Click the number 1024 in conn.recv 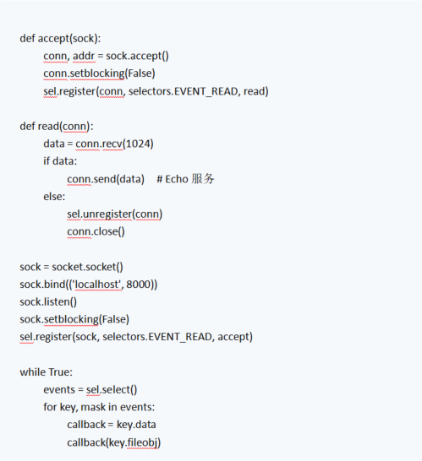pyautogui.click(x=139, y=144)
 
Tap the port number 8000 pyautogui.click(x=139, y=285)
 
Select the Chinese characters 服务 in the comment pyautogui.click(x=203, y=179)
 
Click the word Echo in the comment pyautogui.click(x=177, y=179)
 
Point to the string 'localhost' pyautogui.click(x=97, y=285)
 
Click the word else pyautogui.click(x=53, y=197)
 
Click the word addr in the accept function pyautogui.click(x=84, y=56)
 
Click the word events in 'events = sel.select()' pyautogui.click(x=59, y=389)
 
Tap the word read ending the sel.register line pyautogui.click(x=255, y=91)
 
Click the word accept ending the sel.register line pyautogui.click(x=233, y=337)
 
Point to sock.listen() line pyautogui.click(x=48, y=302)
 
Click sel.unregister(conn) pyautogui.click(x=114, y=214)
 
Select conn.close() pyautogui.click(x=96, y=231)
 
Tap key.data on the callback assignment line pyautogui.click(x=136, y=425)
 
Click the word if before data pyautogui.click(x=47, y=161)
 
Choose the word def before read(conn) pyautogui.click(x=27, y=126)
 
